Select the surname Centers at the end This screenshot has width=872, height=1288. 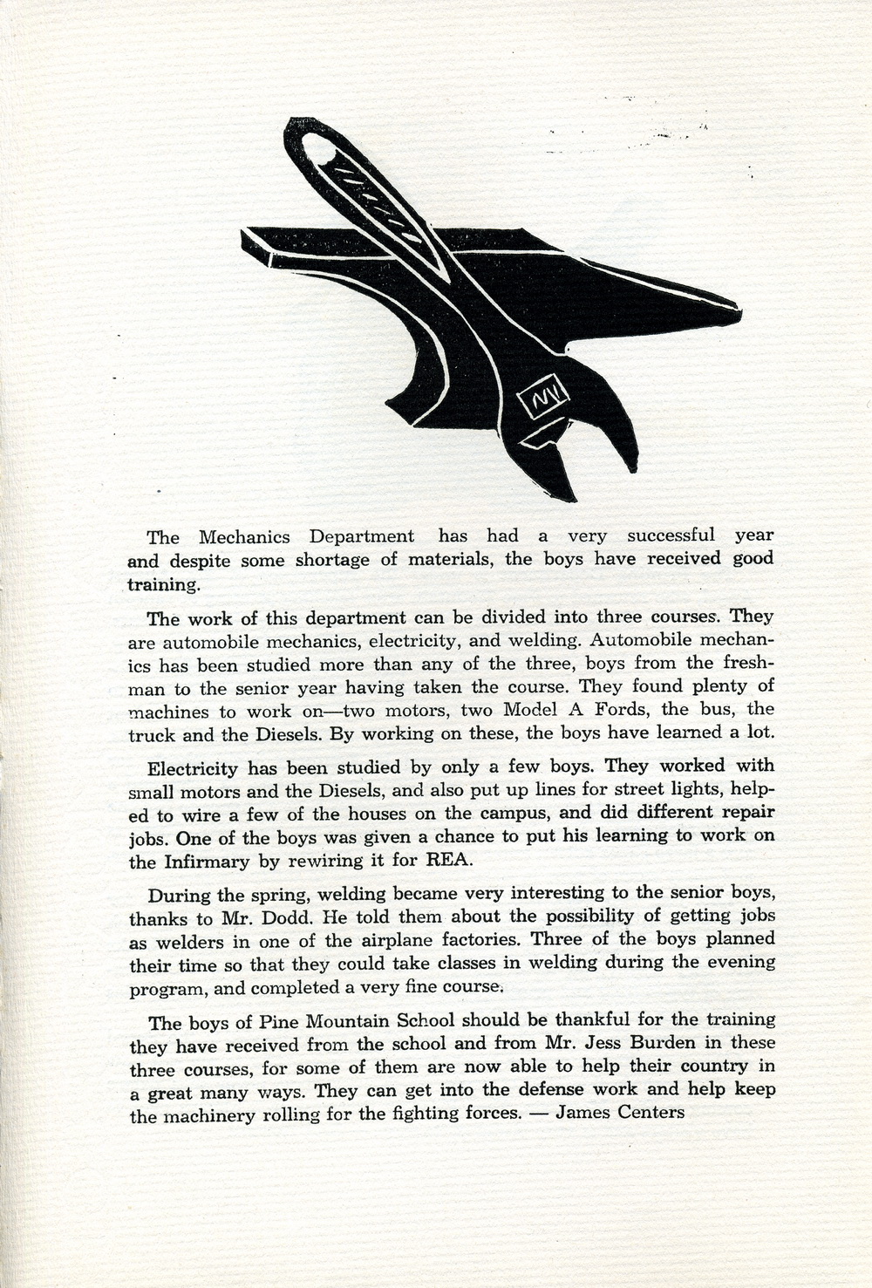(651, 1112)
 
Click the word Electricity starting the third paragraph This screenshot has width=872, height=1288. (193, 769)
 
